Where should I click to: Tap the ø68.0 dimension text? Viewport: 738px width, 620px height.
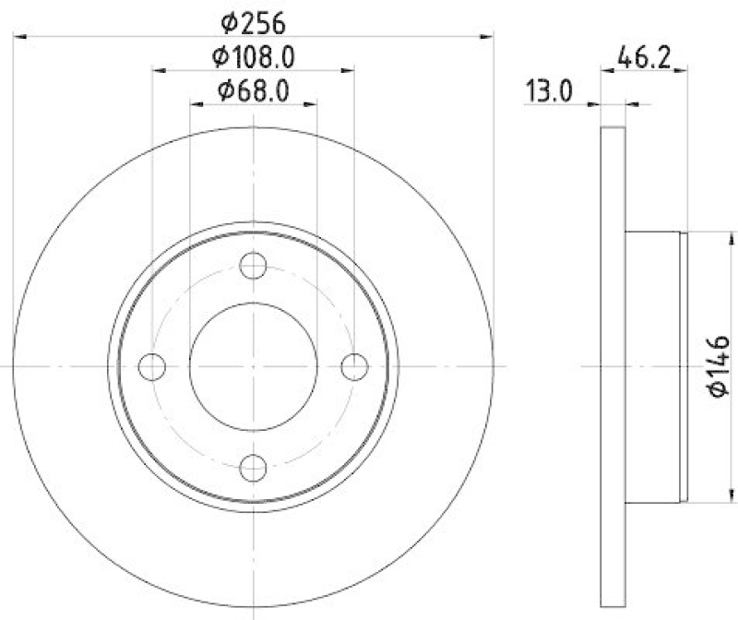[x=254, y=91]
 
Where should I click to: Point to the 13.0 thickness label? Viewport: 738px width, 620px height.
[x=550, y=91]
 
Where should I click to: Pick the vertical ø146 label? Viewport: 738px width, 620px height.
[x=720, y=366]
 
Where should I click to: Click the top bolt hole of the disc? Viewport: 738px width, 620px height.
[x=253, y=266]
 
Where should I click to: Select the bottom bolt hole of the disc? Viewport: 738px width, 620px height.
[x=253, y=468]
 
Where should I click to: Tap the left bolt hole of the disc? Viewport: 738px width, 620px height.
[x=151, y=366]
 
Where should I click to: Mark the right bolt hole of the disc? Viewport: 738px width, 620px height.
[x=354, y=366]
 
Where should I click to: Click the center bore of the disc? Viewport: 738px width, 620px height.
[x=253, y=366]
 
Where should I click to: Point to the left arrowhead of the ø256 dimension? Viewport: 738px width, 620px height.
[x=18, y=36]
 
